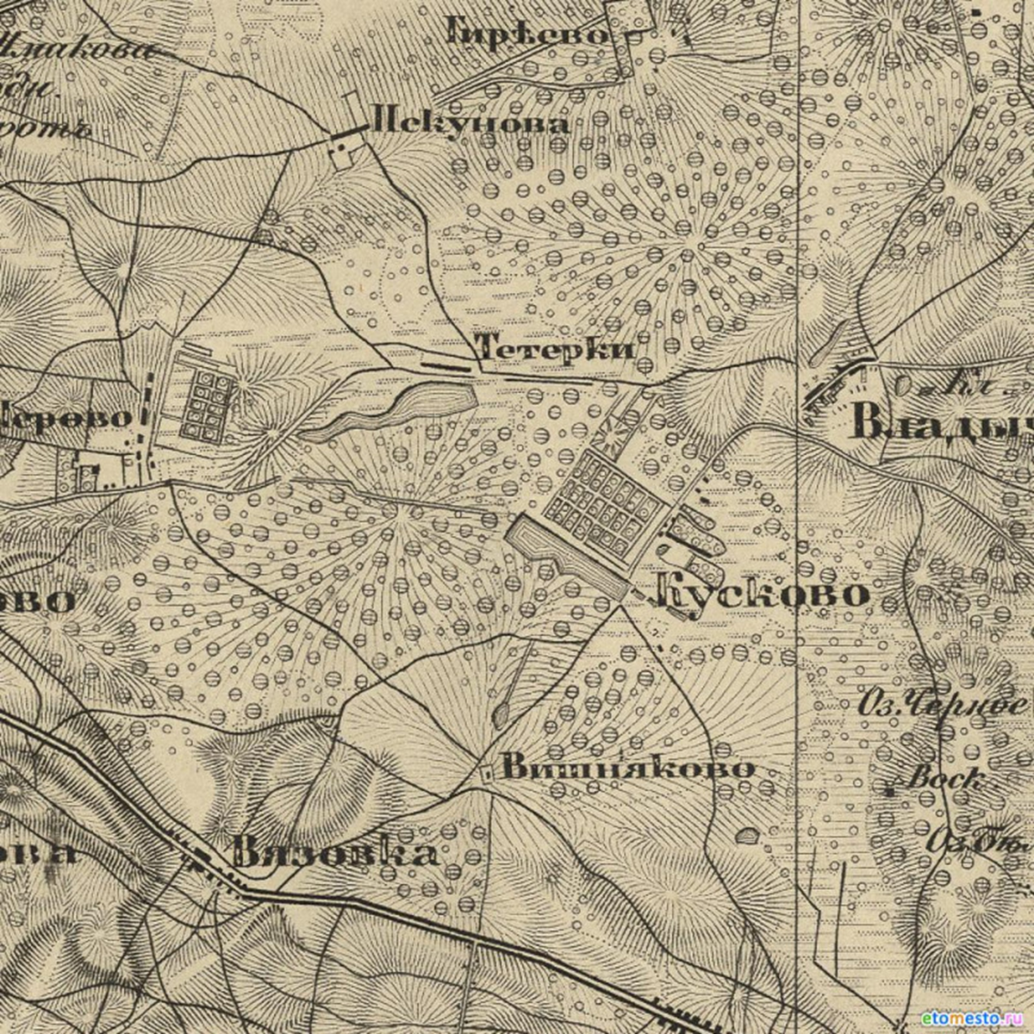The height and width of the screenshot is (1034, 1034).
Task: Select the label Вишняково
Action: click(x=627, y=768)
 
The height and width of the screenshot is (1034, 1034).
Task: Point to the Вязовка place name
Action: click(x=334, y=853)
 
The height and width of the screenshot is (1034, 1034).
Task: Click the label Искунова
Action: click(x=469, y=122)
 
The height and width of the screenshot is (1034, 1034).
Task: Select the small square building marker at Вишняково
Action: click(x=487, y=773)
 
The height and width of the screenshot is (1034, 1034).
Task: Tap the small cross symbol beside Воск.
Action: click(x=888, y=785)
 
